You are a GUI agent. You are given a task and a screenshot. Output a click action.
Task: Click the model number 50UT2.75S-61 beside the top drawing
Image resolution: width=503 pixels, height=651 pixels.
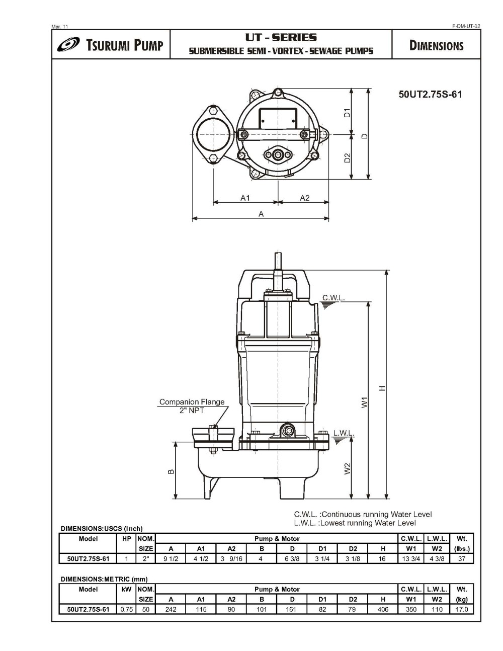tap(430, 94)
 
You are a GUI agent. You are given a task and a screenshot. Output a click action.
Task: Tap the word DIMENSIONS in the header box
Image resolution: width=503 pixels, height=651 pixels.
tap(436, 46)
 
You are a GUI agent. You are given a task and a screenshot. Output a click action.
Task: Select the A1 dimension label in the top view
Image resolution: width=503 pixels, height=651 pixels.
tap(245, 198)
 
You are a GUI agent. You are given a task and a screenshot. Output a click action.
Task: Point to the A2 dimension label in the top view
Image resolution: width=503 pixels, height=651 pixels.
tap(305, 198)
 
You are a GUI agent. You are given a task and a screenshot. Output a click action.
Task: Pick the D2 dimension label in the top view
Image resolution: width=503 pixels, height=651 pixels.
tap(347, 157)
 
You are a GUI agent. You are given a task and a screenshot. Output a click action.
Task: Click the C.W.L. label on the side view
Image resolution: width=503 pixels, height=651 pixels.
tap(333, 298)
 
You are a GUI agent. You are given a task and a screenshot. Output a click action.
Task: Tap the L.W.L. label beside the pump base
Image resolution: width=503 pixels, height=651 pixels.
tap(344, 433)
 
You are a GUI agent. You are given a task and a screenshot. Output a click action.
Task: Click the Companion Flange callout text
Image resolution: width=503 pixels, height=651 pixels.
tap(192, 402)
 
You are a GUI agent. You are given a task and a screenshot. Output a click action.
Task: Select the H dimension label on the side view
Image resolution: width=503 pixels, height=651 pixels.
tap(382, 388)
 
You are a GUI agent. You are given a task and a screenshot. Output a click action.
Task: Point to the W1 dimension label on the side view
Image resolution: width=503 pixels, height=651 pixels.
tap(365, 402)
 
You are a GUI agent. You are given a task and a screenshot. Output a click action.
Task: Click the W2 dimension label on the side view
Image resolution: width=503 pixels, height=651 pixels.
tap(347, 468)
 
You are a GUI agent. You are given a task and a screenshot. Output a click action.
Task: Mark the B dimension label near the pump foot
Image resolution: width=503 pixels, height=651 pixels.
tap(171, 471)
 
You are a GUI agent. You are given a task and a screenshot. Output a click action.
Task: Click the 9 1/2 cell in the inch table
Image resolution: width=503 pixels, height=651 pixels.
tap(171, 558)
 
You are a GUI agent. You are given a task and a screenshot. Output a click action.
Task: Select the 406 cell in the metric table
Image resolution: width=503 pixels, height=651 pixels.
tap(383, 609)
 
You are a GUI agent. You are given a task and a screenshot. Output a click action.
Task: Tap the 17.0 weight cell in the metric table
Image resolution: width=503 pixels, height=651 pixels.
tap(461, 609)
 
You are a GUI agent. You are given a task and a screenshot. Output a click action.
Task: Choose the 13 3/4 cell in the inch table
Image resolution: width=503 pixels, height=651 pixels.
tap(411, 558)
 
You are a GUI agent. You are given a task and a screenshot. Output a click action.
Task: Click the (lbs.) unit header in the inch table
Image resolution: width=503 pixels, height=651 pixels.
tap(461, 548)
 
